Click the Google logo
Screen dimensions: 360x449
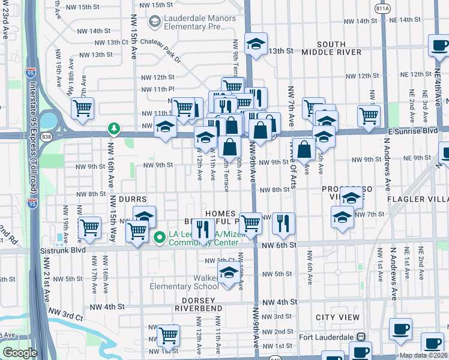pyautogui.click(x=20, y=353)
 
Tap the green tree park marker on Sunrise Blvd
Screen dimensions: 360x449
pyautogui.click(x=113, y=128)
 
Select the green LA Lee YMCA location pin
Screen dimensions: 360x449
pyautogui.click(x=159, y=238)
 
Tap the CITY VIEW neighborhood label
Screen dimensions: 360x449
pyautogui.click(x=338, y=317)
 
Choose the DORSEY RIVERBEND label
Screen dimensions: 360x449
pyautogui.click(x=199, y=304)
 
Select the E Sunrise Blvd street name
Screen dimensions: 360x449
pyautogui.click(x=414, y=130)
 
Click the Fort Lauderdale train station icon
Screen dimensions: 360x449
pyautogui.click(x=361, y=337)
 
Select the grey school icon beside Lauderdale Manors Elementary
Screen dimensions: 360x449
pyautogui.click(x=155, y=22)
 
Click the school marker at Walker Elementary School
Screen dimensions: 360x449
pyautogui.click(x=228, y=274)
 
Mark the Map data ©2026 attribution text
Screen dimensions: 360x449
pyautogui.click(x=424, y=355)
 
